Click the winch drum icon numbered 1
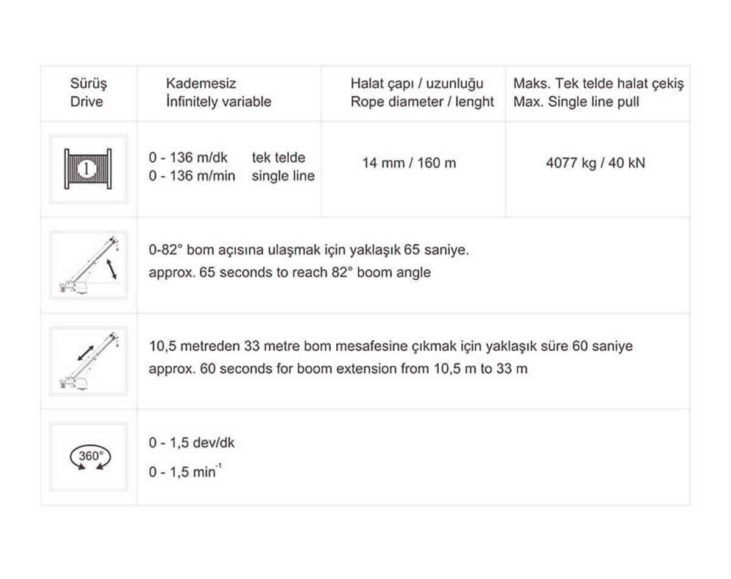pos(88,169)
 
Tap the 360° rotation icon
pos(90,457)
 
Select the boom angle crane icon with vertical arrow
pos(89,265)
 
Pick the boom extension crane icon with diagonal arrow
pos(89,361)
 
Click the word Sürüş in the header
pos(88,83)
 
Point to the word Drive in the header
pos(87,102)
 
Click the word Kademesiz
pos(201,83)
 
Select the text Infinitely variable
pos(219,101)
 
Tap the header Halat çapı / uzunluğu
pos(417,83)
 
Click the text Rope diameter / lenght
pos(422,102)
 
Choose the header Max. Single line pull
pos(576,102)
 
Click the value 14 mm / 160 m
pos(409,163)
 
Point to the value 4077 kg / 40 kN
pos(595,163)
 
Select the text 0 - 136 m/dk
pos(188,158)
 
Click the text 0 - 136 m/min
pos(192,176)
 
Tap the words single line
pos(283,176)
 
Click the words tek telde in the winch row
pos(278,158)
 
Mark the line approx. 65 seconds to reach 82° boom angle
pos(289,272)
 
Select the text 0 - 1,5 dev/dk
pos(191,442)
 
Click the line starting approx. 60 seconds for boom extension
pos(338,369)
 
